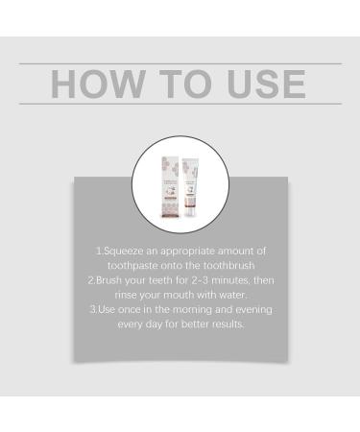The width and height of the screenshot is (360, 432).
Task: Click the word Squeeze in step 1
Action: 127,252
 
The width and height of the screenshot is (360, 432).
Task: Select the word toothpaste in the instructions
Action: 134,266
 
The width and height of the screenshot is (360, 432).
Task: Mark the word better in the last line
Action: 198,324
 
